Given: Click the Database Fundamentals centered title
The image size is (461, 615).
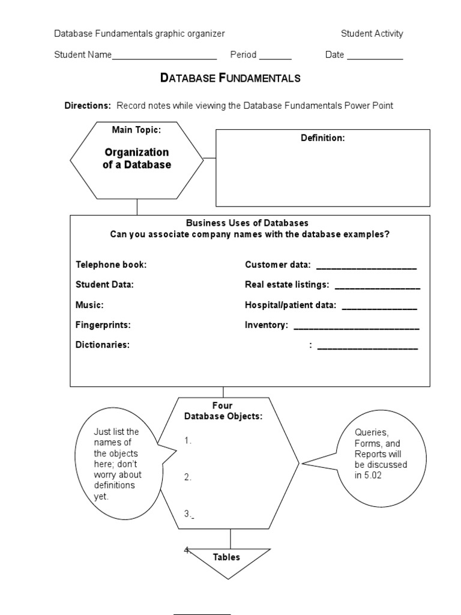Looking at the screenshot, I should click(x=230, y=78).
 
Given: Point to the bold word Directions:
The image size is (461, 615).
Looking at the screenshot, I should click(x=88, y=106).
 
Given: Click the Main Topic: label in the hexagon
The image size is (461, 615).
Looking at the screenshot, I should click(x=136, y=130).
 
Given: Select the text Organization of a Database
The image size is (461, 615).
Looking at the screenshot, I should click(x=136, y=159).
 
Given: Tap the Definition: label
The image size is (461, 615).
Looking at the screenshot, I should click(x=322, y=138).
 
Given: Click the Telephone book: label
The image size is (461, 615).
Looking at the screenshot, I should click(x=111, y=265).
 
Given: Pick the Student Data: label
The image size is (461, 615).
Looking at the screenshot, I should click(x=104, y=285).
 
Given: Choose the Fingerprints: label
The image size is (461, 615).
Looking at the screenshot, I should click(x=103, y=325).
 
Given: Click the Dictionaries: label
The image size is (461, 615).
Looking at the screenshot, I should click(x=103, y=345).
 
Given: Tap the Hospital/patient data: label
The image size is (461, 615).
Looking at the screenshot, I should click(x=291, y=305).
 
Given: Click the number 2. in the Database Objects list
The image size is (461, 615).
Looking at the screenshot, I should click(x=188, y=477).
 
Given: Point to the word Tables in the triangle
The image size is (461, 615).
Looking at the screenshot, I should click(x=226, y=557).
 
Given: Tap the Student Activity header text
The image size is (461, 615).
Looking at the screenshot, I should click(x=372, y=34).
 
